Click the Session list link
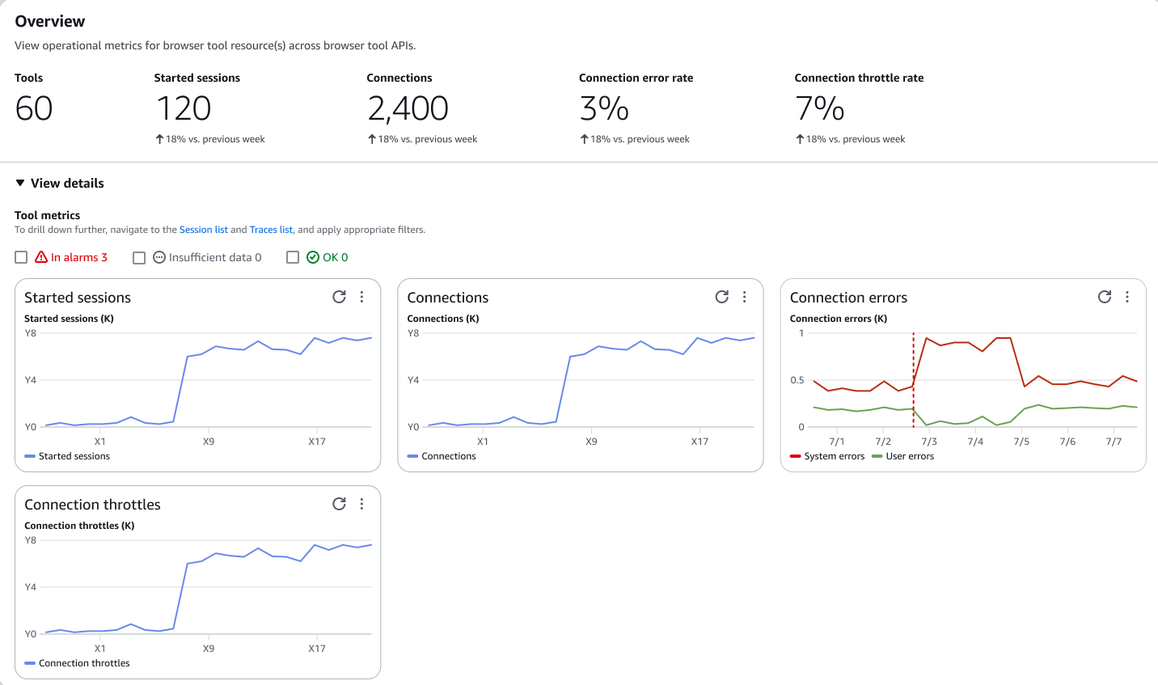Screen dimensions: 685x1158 click(203, 230)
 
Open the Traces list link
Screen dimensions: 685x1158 click(271, 230)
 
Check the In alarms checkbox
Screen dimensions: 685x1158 click(21, 257)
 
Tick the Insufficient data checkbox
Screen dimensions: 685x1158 click(139, 257)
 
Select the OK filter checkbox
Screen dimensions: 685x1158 click(293, 257)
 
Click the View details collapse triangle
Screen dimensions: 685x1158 click(20, 184)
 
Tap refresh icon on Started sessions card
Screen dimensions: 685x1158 click(340, 297)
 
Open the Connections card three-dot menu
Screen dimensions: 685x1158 click(745, 297)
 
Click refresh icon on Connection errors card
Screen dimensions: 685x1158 click(1105, 297)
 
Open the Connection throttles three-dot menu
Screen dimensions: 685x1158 click(361, 504)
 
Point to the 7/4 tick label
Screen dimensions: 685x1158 click(975, 442)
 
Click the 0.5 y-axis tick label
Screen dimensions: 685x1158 click(797, 380)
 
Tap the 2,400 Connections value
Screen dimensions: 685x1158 click(408, 108)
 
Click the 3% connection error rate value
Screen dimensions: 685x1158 click(604, 108)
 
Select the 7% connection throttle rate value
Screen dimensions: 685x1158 click(819, 108)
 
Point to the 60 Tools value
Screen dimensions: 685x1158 click(34, 108)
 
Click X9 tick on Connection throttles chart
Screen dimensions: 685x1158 click(209, 649)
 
